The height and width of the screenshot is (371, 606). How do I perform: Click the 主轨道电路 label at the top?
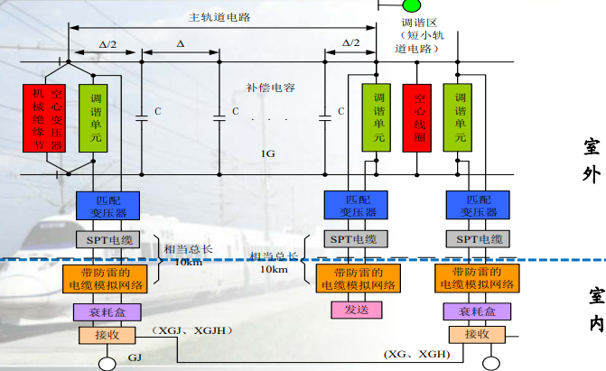tap(220, 17)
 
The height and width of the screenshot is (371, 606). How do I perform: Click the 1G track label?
tap(267, 154)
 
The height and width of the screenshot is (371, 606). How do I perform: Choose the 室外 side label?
tap(592, 160)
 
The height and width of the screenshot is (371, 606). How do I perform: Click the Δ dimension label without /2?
tap(180, 42)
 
